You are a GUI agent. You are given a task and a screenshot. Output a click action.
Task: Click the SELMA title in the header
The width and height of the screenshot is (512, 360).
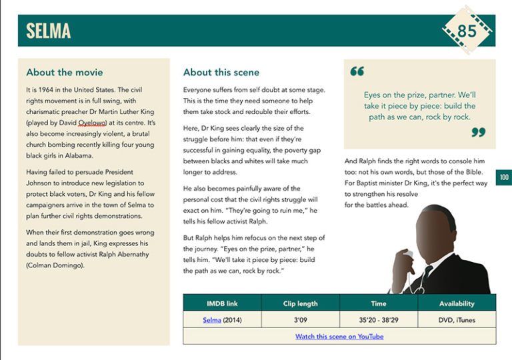coord(48,31)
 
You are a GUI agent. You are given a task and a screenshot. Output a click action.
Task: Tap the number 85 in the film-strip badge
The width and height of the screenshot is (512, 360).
coord(467,31)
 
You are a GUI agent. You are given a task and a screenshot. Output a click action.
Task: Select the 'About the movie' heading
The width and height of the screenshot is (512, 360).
coord(65,72)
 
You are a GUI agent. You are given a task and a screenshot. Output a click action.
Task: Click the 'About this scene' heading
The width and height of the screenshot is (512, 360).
coord(221,72)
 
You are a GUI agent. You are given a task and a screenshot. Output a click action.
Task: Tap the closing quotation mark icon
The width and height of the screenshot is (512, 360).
coord(478,132)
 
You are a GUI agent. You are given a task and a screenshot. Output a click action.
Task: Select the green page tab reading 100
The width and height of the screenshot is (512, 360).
coord(504,177)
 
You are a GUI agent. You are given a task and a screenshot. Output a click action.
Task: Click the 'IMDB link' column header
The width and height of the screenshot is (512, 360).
coord(222,303)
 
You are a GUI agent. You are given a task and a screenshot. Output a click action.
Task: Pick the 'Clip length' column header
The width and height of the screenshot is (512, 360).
coord(300,303)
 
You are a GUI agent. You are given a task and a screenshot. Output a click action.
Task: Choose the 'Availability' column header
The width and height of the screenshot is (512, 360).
coord(457,303)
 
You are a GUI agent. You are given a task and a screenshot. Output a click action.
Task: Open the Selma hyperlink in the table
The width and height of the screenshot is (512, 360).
coord(212,320)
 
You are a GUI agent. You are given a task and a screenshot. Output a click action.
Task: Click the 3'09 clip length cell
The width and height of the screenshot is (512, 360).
coord(300,320)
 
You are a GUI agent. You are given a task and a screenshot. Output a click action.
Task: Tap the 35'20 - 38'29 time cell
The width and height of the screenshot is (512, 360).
coord(379,320)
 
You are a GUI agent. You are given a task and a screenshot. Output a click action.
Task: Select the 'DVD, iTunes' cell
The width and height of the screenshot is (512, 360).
coord(457,320)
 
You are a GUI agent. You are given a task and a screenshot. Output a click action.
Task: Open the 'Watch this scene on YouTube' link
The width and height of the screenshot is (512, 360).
coord(339,337)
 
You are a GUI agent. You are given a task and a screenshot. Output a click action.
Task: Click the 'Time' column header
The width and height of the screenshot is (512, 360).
coord(379,303)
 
